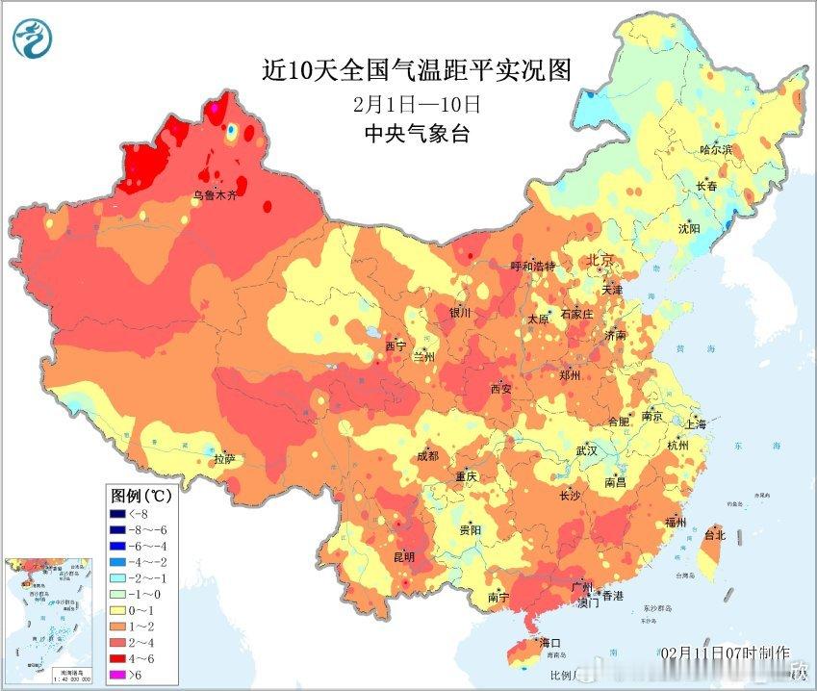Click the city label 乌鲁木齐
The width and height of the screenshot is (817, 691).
pyautogui.click(x=214, y=195)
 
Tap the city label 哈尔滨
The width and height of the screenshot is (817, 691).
pyautogui.click(x=716, y=150)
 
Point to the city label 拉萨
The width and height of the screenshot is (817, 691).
pyautogui.click(x=224, y=459)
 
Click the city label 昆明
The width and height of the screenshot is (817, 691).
pyautogui.click(x=404, y=557)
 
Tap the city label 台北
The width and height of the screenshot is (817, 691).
pyautogui.click(x=714, y=534)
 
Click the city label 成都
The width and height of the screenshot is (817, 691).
pyautogui.click(x=427, y=456)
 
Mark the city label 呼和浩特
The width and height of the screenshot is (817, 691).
pyautogui.click(x=533, y=267)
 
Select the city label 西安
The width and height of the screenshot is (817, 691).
pyautogui.click(x=501, y=389)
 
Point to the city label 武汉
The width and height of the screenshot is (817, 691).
pyautogui.click(x=586, y=450)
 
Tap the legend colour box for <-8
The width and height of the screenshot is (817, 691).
pyautogui.click(x=119, y=513)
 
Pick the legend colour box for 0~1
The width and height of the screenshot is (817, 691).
pyautogui.click(x=119, y=611)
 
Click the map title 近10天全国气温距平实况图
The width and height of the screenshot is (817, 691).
pyautogui.click(x=417, y=70)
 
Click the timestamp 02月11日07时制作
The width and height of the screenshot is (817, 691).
pyautogui.click(x=726, y=653)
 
